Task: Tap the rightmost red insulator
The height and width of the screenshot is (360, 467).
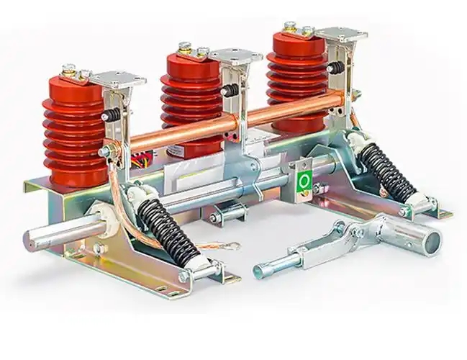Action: tap(296, 76)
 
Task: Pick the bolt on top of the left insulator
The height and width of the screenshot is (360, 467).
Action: tap(69, 70)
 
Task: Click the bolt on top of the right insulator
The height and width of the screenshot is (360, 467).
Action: tap(290, 27)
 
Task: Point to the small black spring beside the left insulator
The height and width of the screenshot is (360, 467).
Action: tap(112, 114)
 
